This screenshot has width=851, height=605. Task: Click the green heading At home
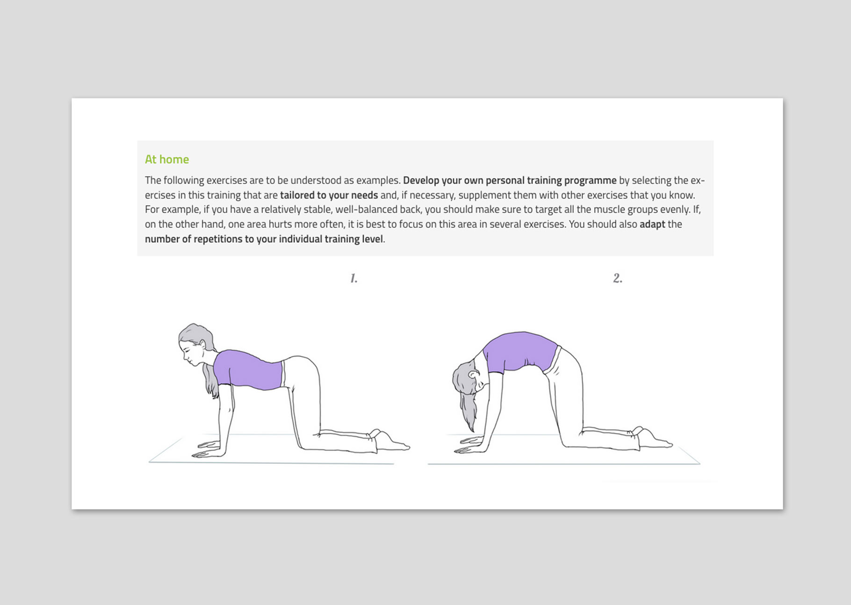167,159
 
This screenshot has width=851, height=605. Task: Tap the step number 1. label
354,279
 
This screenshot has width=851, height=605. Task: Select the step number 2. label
618,278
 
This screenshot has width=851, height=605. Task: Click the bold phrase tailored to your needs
329,195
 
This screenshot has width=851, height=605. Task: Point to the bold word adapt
652,224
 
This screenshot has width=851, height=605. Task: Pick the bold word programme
590,180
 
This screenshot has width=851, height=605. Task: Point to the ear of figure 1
202,345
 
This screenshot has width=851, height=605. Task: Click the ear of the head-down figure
474,375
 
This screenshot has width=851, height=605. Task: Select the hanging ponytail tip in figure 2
471,428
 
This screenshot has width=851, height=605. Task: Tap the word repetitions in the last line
218,239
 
